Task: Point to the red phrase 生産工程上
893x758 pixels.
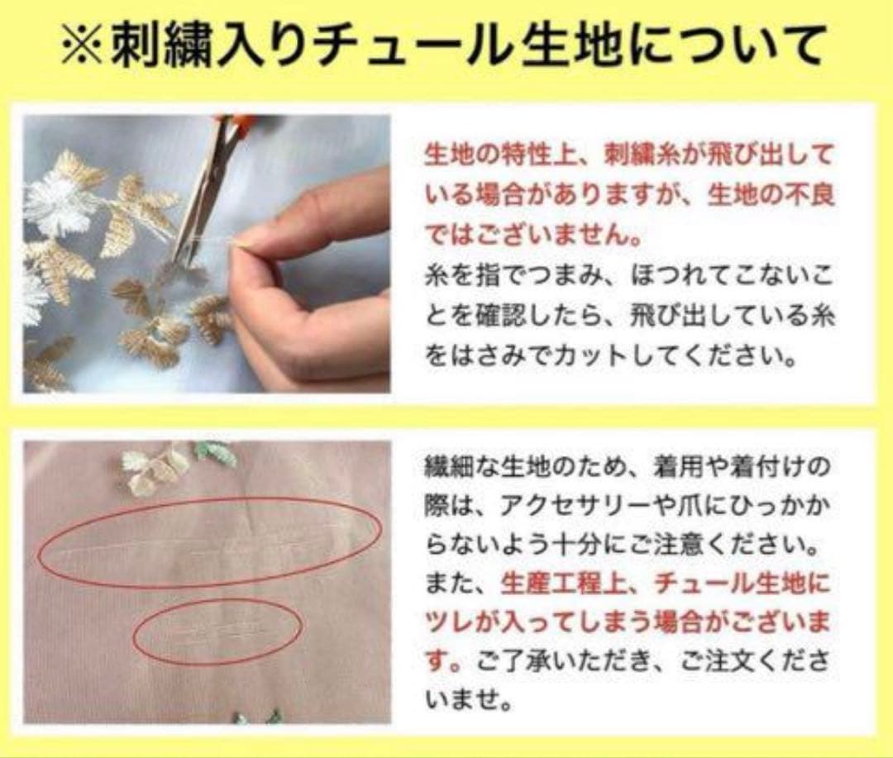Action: click(552, 584)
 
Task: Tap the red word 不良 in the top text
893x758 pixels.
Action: click(791, 196)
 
